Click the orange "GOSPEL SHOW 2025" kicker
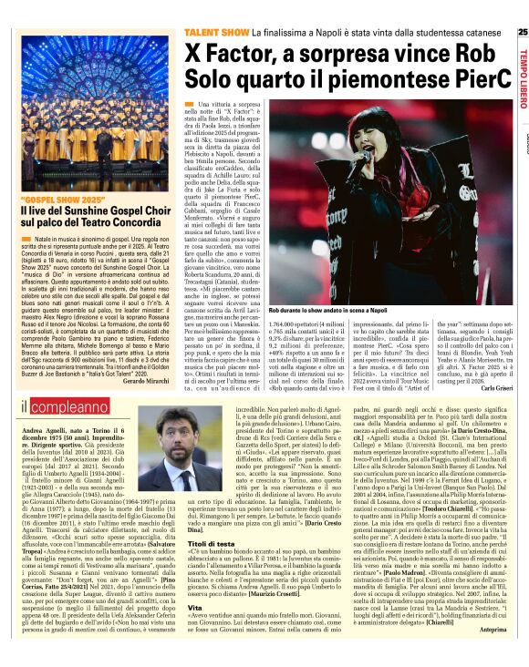tap(59, 198)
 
